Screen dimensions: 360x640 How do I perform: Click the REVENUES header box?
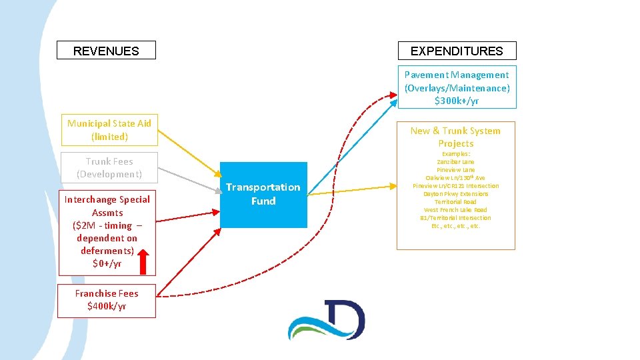tap(106, 51)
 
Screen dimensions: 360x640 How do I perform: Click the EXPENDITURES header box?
tap(457, 51)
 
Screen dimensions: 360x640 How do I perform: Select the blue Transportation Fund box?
tap(263, 194)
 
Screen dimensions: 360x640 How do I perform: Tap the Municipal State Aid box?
tap(109, 130)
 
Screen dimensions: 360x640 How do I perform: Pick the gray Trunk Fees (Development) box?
tap(109, 167)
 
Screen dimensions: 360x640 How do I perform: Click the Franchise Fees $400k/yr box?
tap(107, 300)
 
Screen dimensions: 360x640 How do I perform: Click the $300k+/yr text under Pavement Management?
tap(457, 101)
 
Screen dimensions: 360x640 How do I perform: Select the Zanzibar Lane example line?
tap(456, 162)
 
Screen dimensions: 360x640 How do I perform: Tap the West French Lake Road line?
tap(456, 210)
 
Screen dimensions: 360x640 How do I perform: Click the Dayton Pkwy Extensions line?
tap(456, 194)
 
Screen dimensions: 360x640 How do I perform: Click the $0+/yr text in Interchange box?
tap(107, 263)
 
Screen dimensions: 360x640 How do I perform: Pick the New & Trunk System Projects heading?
tap(456, 137)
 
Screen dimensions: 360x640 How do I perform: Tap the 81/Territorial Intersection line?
tap(456, 218)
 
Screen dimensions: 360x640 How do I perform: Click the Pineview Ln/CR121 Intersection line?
tap(456, 186)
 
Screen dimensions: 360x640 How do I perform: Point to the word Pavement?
tap(426, 75)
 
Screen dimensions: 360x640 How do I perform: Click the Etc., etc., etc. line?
tap(456, 226)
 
